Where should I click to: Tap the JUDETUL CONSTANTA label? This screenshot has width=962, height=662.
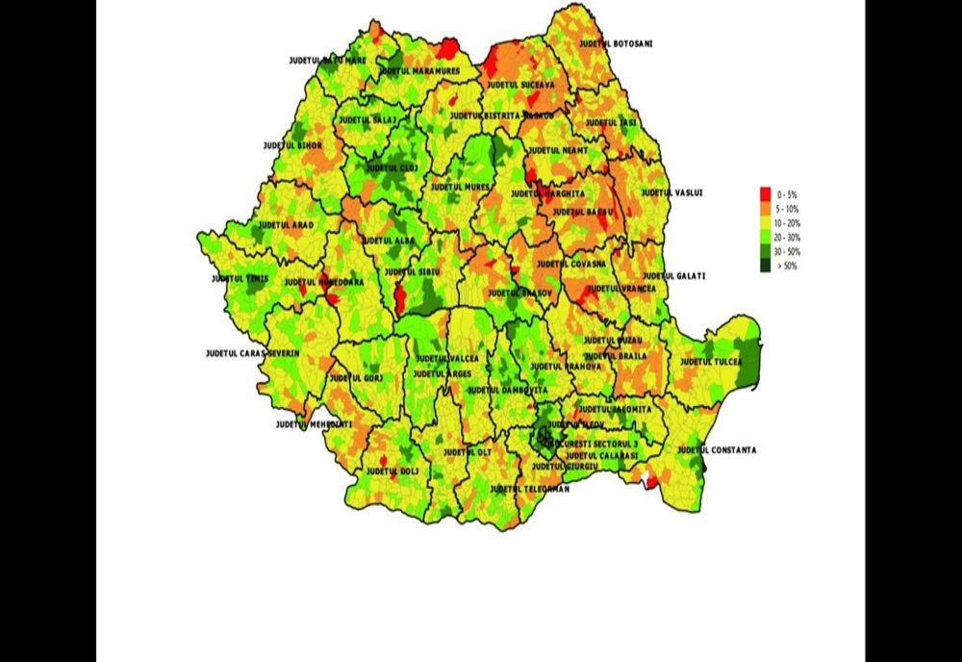(717, 450)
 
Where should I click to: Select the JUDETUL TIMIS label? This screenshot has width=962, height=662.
(240, 279)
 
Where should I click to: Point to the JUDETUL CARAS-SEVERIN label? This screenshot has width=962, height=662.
(252, 354)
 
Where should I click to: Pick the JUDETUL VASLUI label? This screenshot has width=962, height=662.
(672, 192)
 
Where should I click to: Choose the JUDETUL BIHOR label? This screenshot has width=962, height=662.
(292, 146)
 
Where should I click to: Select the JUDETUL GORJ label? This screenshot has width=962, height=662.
(356, 378)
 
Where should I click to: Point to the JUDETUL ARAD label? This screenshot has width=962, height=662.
(287, 224)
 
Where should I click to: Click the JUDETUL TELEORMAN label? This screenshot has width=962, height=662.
(529, 489)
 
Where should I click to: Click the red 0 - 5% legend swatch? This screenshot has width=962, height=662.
(766, 193)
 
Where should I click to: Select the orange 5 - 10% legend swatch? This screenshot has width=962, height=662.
(766, 208)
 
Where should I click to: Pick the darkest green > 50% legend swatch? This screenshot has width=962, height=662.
(766, 266)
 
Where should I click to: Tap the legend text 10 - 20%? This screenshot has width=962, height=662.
(787, 222)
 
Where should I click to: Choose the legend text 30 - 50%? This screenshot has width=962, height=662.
(787, 251)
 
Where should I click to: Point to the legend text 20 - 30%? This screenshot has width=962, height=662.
(787, 237)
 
